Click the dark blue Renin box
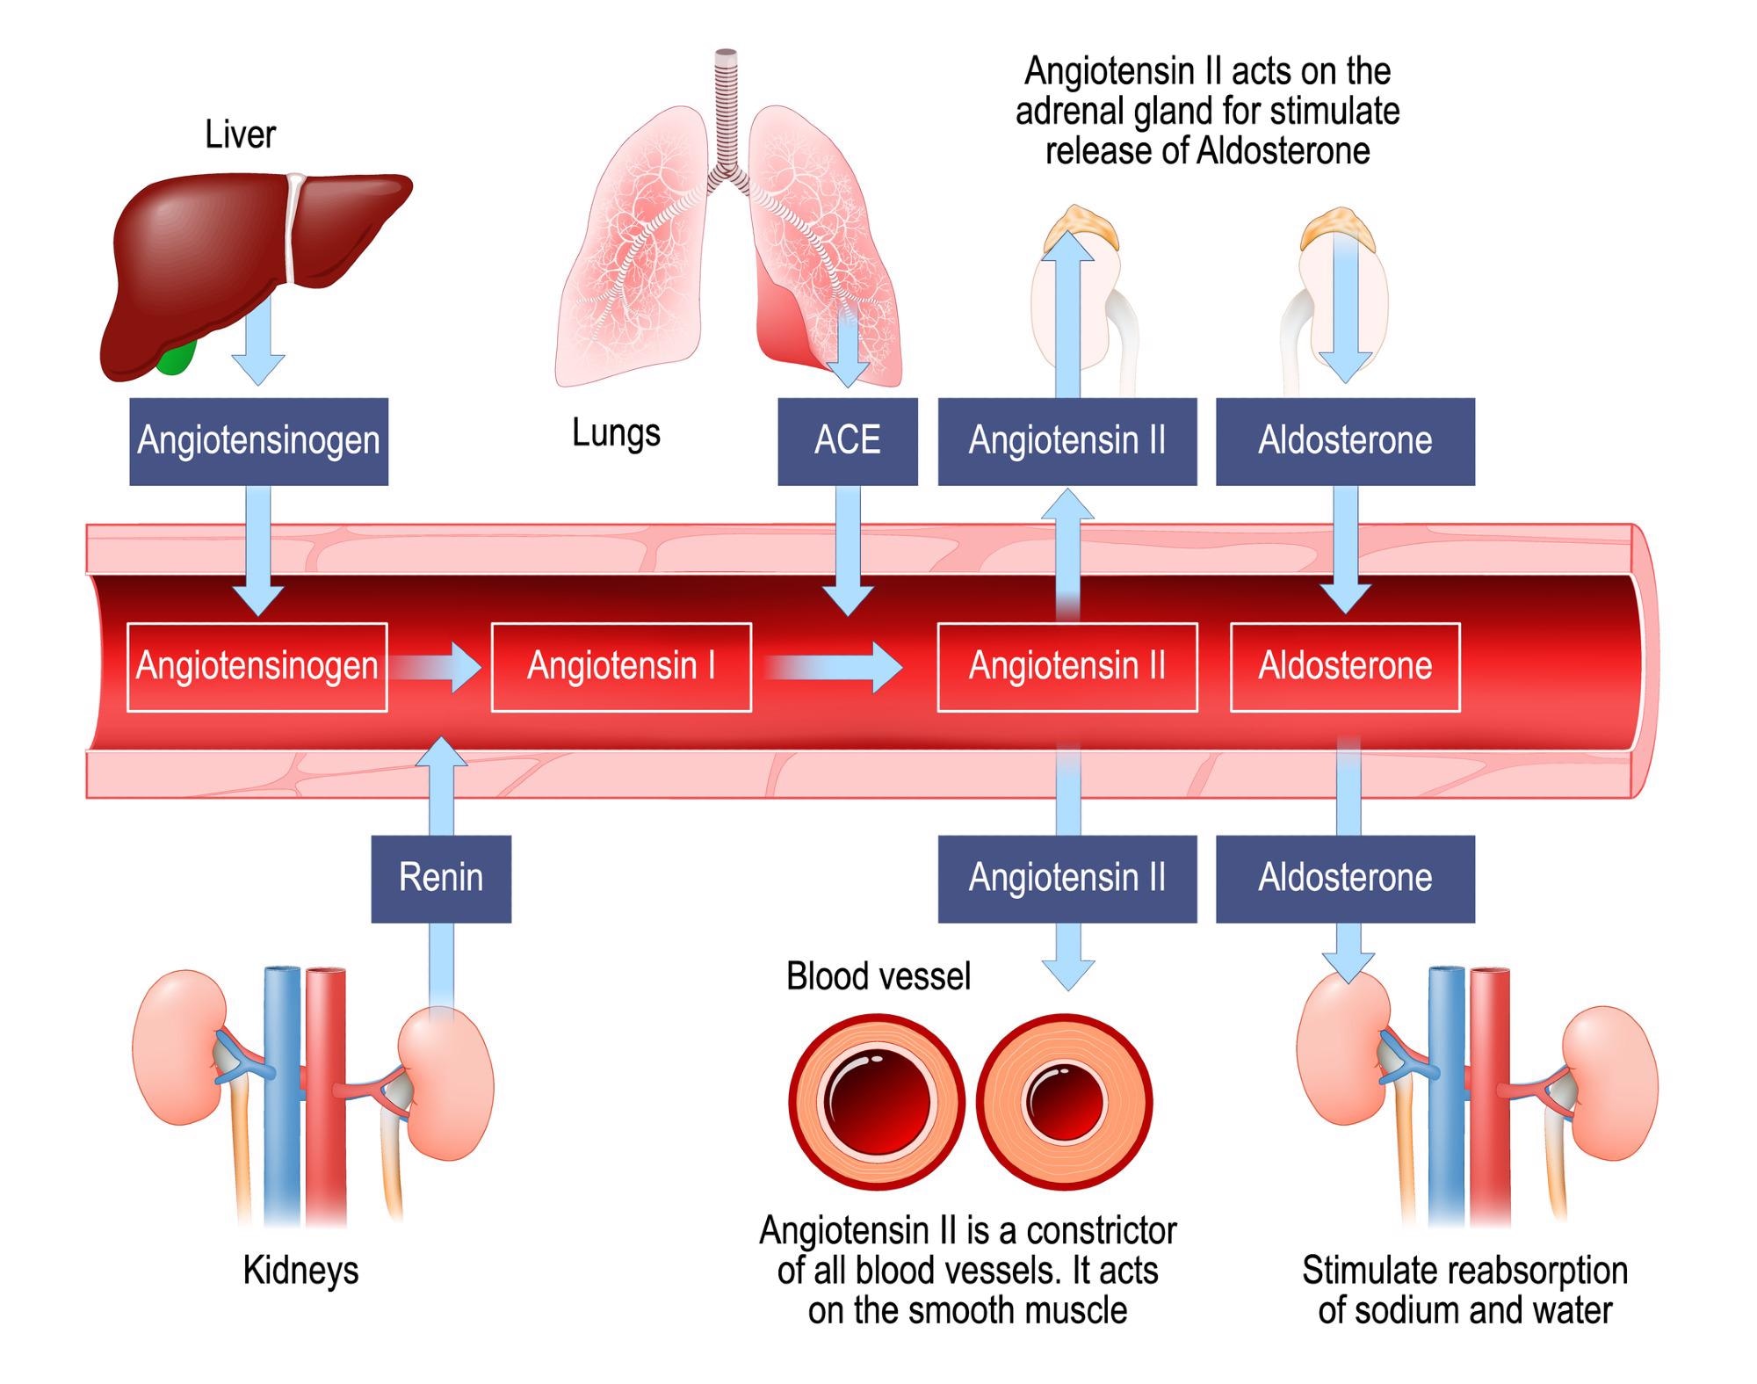tap(440, 878)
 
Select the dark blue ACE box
tap(847, 440)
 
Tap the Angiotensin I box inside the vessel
tap(620, 666)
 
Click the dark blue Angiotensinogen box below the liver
tap(258, 440)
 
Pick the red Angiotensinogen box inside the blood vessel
tap(257, 666)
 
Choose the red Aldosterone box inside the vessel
tap(1344, 666)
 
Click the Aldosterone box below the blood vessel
tap(1344, 878)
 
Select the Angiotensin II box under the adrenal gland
tap(1066, 440)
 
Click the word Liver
tap(240, 134)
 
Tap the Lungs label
tap(616, 433)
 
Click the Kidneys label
tap(300, 1271)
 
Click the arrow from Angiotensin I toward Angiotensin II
tap(835, 668)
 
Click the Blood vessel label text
tap(878, 976)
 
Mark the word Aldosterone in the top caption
tap(1283, 151)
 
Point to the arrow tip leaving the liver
tap(258, 373)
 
